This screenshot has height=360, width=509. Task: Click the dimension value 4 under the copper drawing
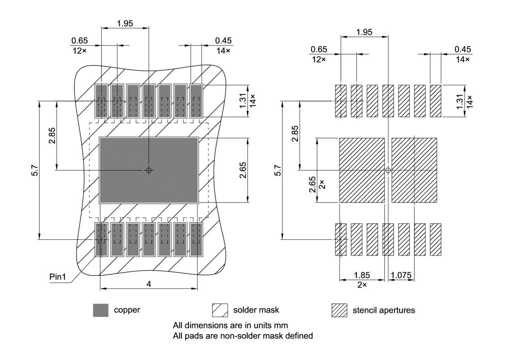148,284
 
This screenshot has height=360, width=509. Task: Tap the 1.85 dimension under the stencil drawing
361,275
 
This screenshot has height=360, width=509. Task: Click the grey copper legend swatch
101,310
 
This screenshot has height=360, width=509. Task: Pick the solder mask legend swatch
220,310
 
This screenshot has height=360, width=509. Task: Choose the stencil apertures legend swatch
339,310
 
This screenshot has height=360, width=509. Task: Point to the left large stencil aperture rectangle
362,170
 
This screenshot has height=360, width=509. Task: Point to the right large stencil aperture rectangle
414,170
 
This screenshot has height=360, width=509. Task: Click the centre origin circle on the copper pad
149,170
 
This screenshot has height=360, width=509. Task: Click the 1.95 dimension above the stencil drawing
364,32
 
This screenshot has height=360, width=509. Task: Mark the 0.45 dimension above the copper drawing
223,41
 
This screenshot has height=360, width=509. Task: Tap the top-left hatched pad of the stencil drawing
341,101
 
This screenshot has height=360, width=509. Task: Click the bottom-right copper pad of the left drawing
196,239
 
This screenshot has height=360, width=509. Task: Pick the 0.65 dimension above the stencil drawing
319,49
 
